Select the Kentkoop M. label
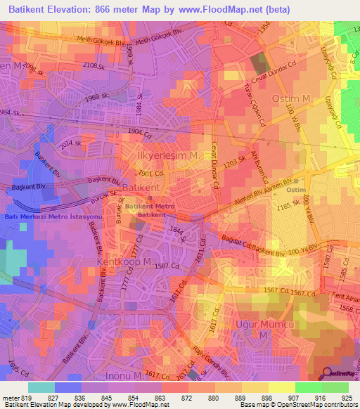click(x=124, y=261)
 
